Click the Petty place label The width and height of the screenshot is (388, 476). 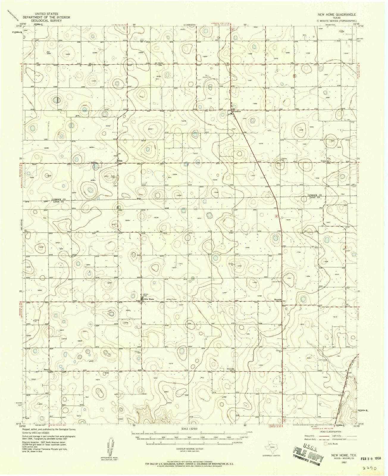(x=46, y=370)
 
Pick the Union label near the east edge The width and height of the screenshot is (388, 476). (x=324, y=161)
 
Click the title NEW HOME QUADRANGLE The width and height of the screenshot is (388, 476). (x=336, y=14)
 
